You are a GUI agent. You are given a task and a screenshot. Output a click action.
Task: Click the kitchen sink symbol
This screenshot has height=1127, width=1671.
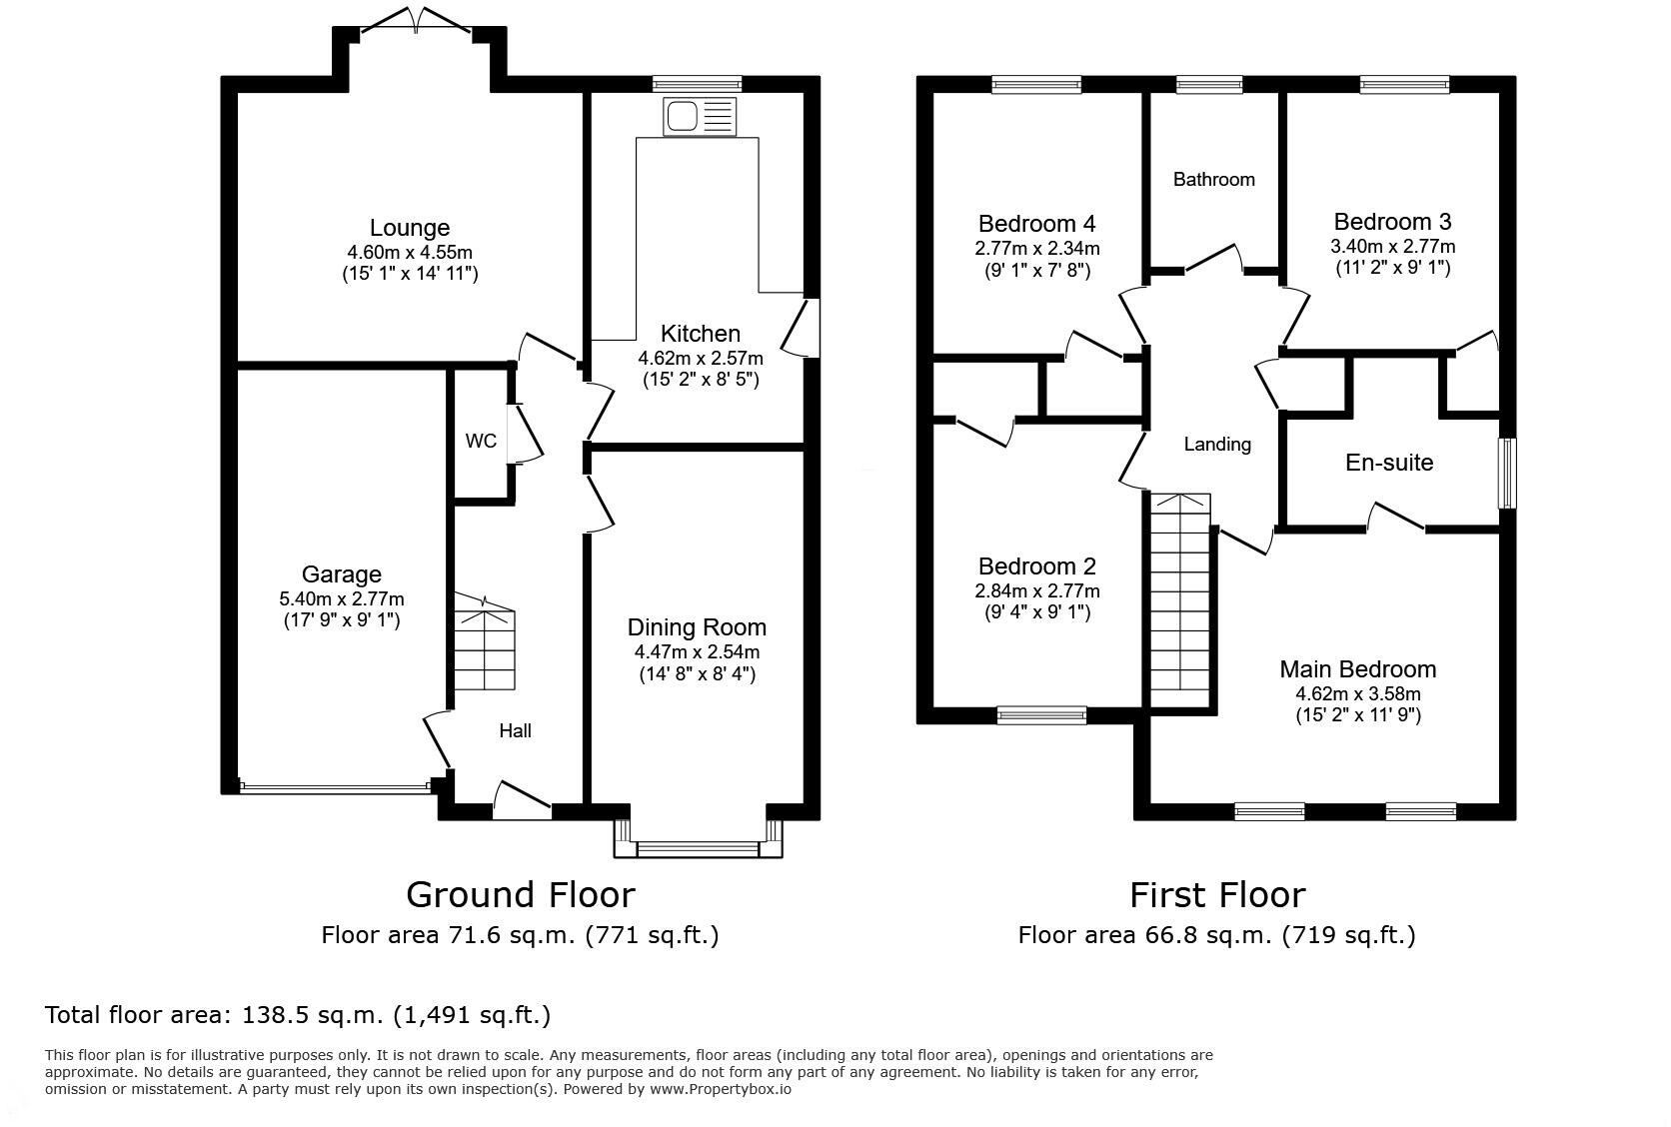700,116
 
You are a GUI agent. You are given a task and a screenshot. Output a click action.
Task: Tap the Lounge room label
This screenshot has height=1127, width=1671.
410,228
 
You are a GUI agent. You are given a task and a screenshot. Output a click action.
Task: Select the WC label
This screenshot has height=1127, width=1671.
481,441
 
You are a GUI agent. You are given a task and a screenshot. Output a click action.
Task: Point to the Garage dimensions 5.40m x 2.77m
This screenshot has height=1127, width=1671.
342,598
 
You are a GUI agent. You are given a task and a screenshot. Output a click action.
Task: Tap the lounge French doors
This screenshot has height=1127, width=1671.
416,20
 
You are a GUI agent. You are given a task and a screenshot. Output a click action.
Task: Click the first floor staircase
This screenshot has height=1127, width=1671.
1179,600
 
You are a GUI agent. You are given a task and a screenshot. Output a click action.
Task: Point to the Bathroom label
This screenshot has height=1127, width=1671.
1213,179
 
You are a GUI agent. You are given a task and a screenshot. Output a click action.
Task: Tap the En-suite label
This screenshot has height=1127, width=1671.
1389,463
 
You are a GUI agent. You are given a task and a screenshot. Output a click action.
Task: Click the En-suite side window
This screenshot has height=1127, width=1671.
1507,473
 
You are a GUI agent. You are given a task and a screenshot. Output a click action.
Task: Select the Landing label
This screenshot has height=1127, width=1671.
1217,445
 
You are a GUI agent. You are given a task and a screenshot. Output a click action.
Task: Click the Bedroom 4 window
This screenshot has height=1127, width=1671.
1036,84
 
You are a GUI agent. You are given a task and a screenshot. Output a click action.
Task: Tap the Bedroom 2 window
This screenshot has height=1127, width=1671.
1041,715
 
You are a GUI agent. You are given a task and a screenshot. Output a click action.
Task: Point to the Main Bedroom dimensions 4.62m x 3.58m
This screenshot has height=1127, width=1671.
1357,693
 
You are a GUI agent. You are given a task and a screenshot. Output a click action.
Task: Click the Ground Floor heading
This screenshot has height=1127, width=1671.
520,895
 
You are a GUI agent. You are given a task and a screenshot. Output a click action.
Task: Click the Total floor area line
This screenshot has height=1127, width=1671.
298,1015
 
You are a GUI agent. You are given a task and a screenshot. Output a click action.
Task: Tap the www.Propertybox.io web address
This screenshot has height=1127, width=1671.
720,1090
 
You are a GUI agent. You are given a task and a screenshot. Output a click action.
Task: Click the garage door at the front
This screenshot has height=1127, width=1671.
335,785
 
